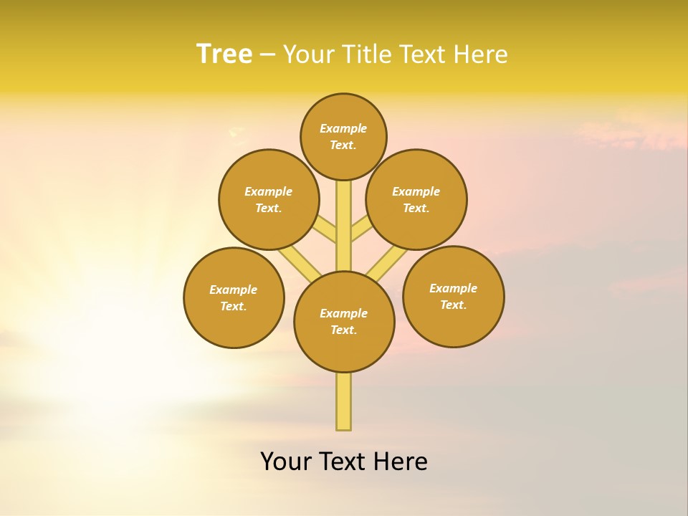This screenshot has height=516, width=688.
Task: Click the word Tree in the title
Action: tap(224, 54)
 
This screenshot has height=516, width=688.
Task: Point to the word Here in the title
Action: tap(482, 54)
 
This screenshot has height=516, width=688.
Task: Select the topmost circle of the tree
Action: tap(343, 137)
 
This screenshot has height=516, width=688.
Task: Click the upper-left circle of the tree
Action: tap(269, 199)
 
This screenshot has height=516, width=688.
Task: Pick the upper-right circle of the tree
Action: tap(416, 199)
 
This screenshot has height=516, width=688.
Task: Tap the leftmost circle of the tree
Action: tap(234, 297)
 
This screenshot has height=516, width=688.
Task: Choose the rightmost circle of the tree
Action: tap(453, 296)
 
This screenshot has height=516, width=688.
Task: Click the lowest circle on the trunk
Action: tap(344, 322)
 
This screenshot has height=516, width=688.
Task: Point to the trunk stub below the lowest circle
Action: tap(344, 401)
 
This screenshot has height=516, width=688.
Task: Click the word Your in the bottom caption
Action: tap(286, 461)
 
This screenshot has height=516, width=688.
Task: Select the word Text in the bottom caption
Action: tap(343, 461)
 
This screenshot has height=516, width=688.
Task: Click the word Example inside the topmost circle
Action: tap(343, 129)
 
